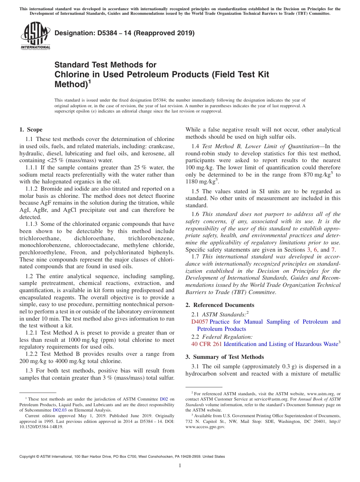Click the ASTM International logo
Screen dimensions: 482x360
(35, 36)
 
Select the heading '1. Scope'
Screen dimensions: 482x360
(31, 130)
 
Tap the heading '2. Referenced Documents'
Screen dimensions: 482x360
(220, 305)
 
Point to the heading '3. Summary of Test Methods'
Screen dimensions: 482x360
(225, 357)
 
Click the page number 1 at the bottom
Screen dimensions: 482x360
(180, 466)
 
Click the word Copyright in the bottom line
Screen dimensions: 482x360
(29, 457)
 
